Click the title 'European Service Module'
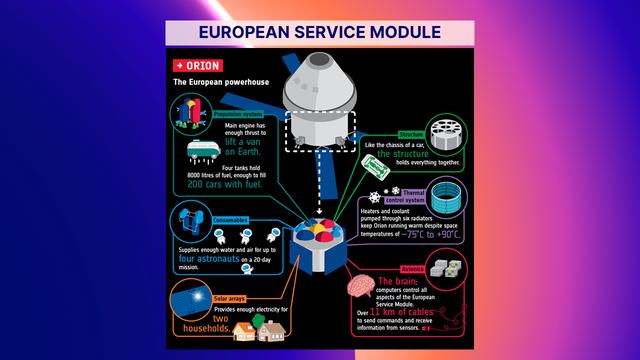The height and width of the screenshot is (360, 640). (x=320, y=31)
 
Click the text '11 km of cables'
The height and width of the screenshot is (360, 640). (x=389, y=312)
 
